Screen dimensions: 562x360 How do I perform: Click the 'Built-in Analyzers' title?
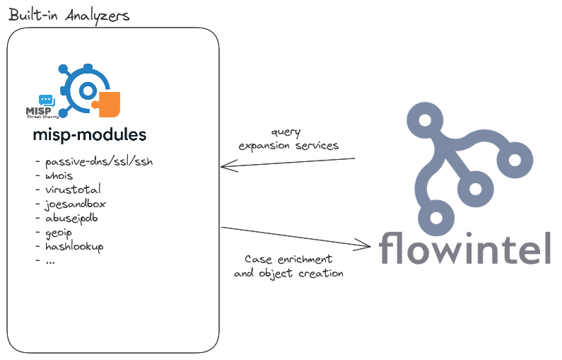click(69, 16)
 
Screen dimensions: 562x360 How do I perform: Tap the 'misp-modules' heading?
click(90, 135)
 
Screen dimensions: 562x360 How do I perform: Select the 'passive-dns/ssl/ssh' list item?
click(99, 162)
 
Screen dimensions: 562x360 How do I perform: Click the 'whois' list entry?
click(59, 175)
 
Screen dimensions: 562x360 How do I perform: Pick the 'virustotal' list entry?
click(73, 190)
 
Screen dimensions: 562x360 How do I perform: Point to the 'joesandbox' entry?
click(75, 204)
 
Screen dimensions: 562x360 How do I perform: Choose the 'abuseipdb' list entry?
click(71, 218)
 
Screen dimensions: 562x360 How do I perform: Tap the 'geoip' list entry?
click(59, 233)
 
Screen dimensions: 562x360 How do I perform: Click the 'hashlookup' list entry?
click(74, 246)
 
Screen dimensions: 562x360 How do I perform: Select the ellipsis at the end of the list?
click(50, 262)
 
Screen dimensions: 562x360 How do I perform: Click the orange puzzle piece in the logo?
click(107, 105)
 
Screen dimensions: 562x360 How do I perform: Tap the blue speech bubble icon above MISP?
click(47, 100)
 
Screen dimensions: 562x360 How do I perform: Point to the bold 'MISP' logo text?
click(39, 112)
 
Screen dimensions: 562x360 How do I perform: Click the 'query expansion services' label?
click(288, 139)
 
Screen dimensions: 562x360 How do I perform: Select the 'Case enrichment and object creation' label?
click(288, 267)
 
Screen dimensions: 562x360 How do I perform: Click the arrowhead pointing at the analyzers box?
click(228, 166)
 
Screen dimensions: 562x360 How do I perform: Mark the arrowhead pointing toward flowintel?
click(363, 245)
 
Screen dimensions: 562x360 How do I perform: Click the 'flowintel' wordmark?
click(464, 248)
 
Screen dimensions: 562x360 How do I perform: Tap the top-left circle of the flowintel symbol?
click(425, 120)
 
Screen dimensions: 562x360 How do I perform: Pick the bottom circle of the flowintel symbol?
click(436, 218)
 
